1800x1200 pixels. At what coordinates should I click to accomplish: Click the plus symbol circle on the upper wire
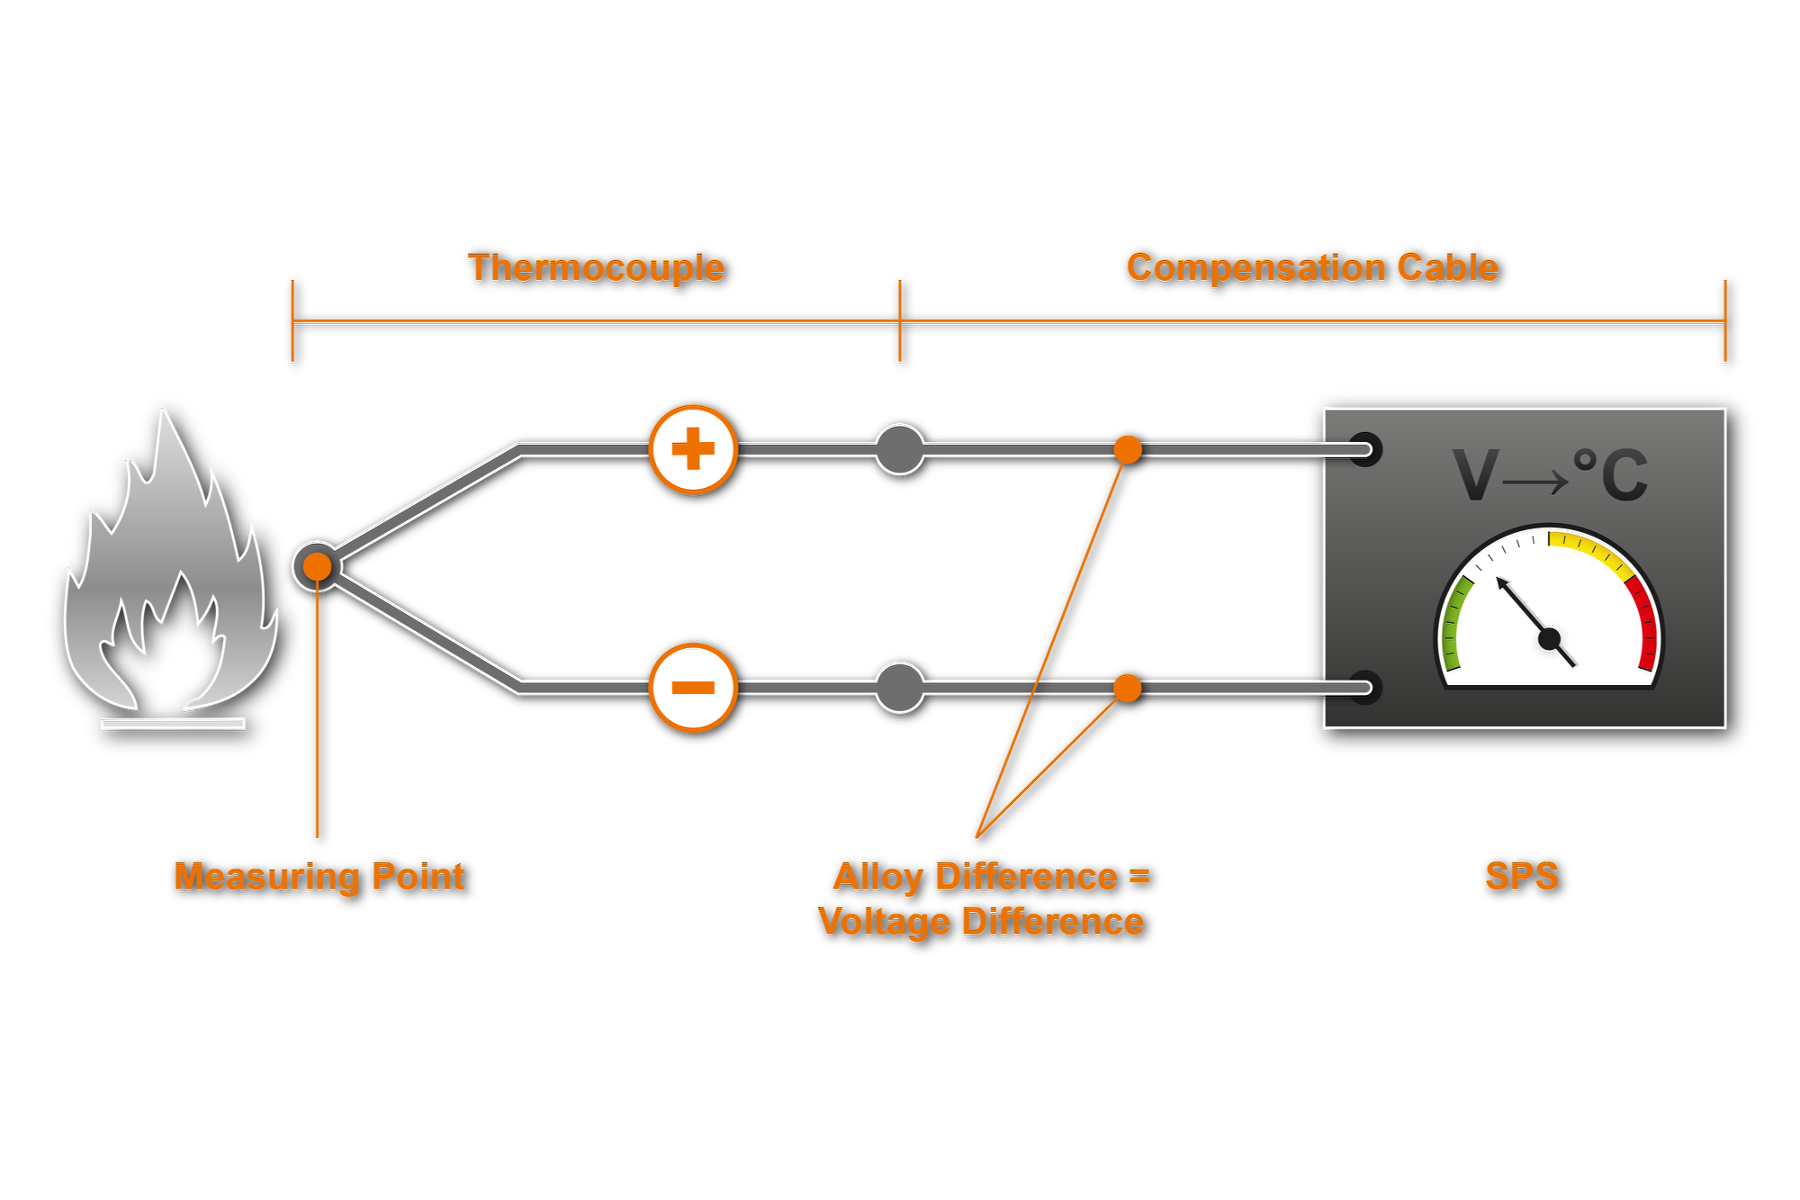pyautogui.click(x=693, y=449)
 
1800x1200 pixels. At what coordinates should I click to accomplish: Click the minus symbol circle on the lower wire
pyautogui.click(x=693, y=688)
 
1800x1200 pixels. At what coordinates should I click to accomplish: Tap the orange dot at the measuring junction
pyautogui.click(x=317, y=566)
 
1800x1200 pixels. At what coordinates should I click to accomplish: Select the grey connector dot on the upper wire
pyautogui.click(x=900, y=449)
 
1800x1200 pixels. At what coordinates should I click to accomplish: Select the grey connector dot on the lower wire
pyautogui.click(x=900, y=688)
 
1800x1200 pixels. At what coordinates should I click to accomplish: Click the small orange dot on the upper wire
pyautogui.click(x=1128, y=449)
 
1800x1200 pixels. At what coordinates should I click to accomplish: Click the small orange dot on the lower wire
pyautogui.click(x=1128, y=688)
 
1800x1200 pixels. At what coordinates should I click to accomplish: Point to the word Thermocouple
pyautogui.click(x=596, y=268)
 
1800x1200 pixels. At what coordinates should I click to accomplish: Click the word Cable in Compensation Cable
pyautogui.click(x=1447, y=268)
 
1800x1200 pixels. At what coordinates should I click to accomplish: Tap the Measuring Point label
pyautogui.click(x=319, y=877)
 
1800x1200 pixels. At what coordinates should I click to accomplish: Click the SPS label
pyautogui.click(x=1522, y=877)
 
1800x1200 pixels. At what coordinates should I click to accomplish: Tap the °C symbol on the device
pyautogui.click(x=1611, y=474)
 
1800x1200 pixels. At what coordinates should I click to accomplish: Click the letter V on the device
pyautogui.click(x=1475, y=475)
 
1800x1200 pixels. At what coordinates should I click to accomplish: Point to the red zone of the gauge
pyautogui.click(x=1645, y=621)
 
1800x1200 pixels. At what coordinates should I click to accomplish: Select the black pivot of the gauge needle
pyautogui.click(x=1549, y=639)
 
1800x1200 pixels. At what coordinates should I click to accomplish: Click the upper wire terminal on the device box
pyautogui.click(x=1365, y=449)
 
